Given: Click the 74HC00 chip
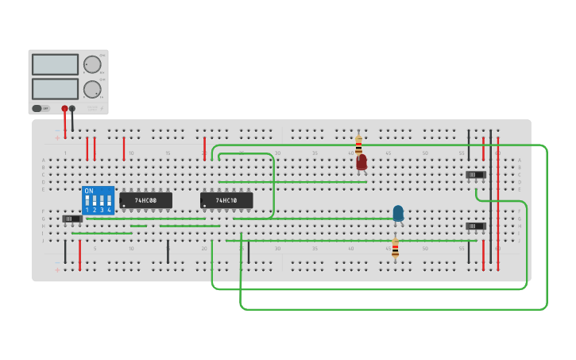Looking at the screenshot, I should coord(145,200).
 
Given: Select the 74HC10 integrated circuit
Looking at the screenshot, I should coord(226,200).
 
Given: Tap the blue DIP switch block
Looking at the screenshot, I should coord(98,200).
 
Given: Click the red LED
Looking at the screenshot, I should coord(361,162).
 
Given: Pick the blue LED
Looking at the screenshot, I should coord(398,213).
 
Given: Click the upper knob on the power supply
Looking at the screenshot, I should coord(93,64).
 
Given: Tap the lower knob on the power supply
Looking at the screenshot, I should coord(93,89).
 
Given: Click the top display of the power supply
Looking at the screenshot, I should coord(55,64).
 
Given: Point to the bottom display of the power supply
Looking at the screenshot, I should coord(55,88).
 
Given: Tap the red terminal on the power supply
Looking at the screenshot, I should coord(64,108).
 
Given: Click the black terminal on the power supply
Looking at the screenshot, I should coord(72,108).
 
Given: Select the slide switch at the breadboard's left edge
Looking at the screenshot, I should coord(72,218).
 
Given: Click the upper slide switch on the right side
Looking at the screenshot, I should coord(475,175).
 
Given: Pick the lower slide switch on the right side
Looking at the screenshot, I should coord(475,226).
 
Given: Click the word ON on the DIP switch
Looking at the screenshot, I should coord(89,192).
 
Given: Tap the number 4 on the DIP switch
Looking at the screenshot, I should coord(109,210).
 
